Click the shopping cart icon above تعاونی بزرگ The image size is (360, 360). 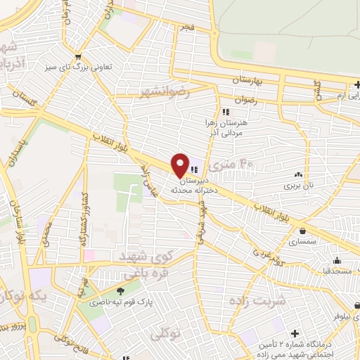[78, 56]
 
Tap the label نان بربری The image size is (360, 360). [297, 186]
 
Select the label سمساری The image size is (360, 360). [302, 241]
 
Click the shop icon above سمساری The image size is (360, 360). [302, 230]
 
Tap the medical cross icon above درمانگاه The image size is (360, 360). [295, 331]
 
